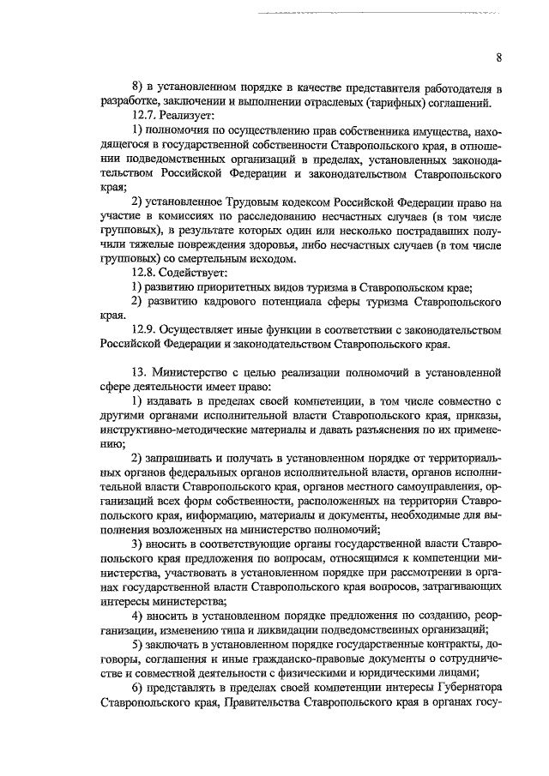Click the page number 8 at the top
[x=498, y=57]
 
